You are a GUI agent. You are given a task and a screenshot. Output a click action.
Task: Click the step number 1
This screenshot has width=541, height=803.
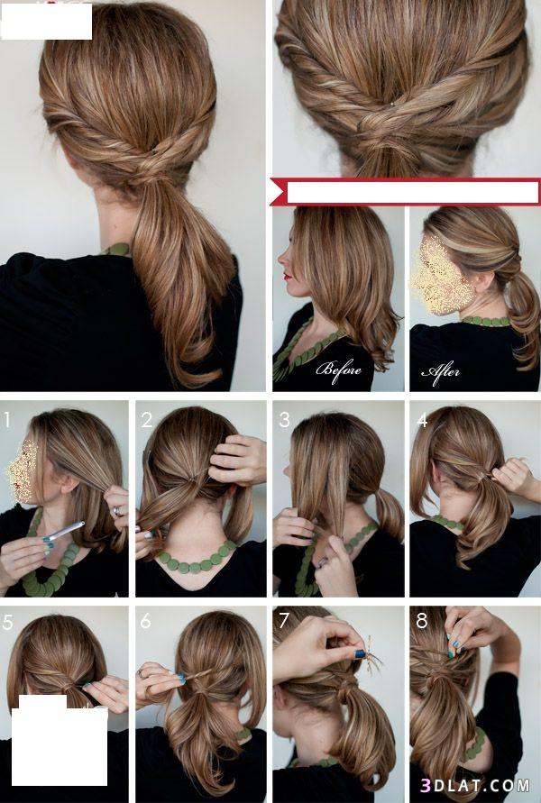pyautogui.click(x=7, y=419)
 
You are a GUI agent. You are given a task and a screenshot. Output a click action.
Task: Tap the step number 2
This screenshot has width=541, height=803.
pyautogui.click(x=146, y=420)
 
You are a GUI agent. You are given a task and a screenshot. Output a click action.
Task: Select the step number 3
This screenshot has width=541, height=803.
pyautogui.click(x=284, y=420)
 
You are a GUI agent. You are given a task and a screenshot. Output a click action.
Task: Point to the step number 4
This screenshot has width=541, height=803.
pyautogui.click(x=422, y=420)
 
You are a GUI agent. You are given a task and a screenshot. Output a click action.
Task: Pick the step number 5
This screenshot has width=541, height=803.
pyautogui.click(x=8, y=622)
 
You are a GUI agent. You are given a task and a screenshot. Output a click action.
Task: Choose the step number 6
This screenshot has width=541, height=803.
pyautogui.click(x=145, y=621)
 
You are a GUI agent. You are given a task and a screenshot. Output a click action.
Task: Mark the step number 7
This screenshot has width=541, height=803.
pyautogui.click(x=284, y=621)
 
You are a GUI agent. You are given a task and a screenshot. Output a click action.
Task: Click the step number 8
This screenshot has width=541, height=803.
pyautogui.click(x=422, y=621)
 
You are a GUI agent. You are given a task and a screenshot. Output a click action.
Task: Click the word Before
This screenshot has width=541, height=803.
pyautogui.click(x=338, y=370)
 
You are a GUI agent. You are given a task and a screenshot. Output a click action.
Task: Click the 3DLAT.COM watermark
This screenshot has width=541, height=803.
pyautogui.click(x=475, y=785)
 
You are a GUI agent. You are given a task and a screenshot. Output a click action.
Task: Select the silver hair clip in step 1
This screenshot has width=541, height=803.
pyautogui.click(x=62, y=531)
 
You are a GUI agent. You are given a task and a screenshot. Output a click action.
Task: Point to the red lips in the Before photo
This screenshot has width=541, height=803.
pyautogui.click(x=288, y=277)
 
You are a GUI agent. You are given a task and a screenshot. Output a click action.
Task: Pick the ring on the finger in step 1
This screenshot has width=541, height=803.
pyautogui.click(x=117, y=511)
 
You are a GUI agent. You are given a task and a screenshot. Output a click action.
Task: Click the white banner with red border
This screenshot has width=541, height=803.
pyautogui.click(x=405, y=192)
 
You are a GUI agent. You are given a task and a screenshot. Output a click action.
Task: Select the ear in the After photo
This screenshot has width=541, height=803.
pyautogui.click(x=485, y=282)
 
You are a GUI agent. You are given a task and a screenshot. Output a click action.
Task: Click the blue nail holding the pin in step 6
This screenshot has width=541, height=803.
pyautogui.click(x=181, y=678)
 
